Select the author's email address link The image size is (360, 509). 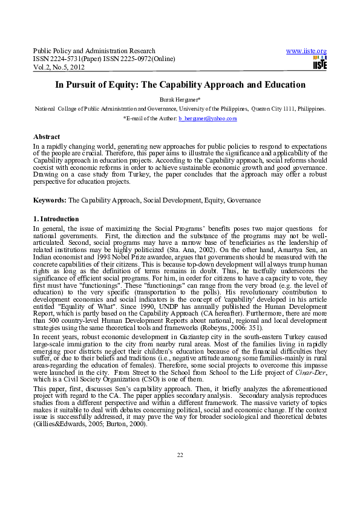(208, 119)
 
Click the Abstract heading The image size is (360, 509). (46, 137)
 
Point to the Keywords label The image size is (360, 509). (50, 199)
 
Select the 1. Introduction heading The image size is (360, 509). (56, 219)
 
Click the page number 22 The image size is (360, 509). (180, 472)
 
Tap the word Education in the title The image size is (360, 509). (283, 85)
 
